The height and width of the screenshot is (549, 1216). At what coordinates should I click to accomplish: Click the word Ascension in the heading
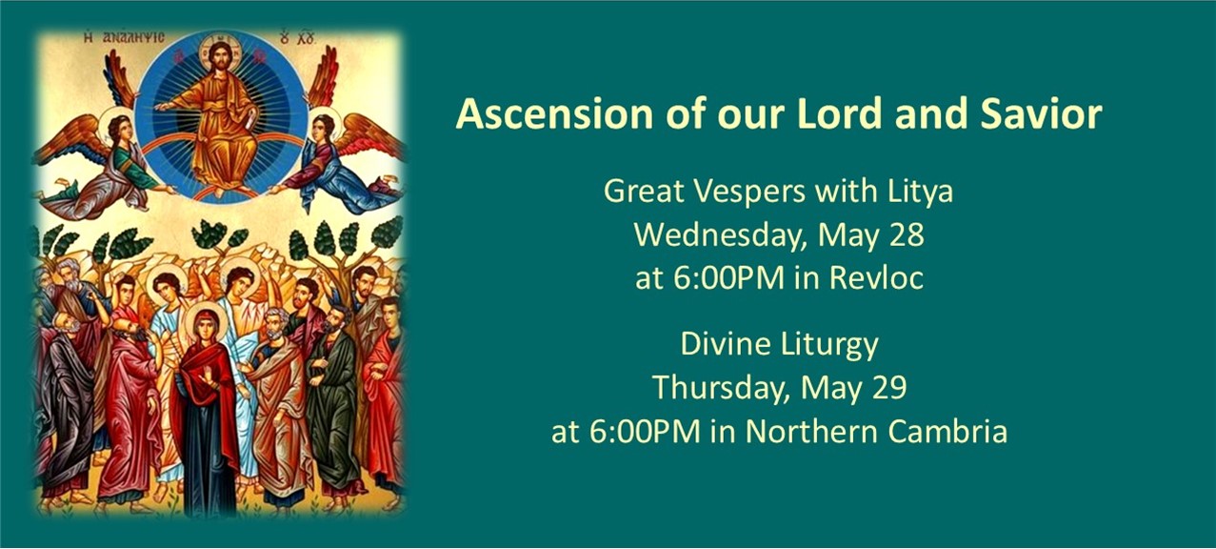click(554, 114)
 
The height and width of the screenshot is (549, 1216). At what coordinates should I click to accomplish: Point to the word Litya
click(921, 193)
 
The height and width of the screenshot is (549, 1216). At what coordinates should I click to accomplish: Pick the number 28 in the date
click(906, 235)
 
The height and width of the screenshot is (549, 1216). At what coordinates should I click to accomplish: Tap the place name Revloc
click(876, 277)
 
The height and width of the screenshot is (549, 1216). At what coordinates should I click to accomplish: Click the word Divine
click(717, 344)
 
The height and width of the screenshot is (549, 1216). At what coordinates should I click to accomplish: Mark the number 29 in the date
click(888, 388)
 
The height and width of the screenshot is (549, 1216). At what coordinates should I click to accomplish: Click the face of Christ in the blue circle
click(220, 56)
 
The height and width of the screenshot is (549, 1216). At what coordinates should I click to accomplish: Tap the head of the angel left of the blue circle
click(119, 128)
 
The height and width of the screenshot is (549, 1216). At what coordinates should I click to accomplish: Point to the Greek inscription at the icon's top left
click(124, 37)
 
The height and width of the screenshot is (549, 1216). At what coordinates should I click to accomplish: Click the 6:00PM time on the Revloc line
click(729, 278)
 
